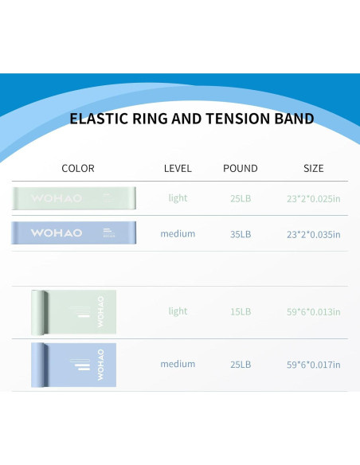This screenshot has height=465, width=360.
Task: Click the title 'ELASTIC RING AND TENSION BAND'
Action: coord(191,119)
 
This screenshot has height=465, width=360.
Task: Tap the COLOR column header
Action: coord(78,168)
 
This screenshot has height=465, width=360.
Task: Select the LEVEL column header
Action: coord(178,168)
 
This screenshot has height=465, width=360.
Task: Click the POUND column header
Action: coord(240,168)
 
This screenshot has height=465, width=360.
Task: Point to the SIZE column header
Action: coord(314,168)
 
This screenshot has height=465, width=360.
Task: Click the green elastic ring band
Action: coord(75,197)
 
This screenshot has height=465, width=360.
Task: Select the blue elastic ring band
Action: coord(75,232)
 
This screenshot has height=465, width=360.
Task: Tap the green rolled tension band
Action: coord(74,311)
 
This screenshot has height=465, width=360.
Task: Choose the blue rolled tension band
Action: coord(74,365)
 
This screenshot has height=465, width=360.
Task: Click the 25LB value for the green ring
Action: coord(240,197)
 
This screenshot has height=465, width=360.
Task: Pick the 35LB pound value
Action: coord(240,234)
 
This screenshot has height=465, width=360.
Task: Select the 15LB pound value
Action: coord(240,311)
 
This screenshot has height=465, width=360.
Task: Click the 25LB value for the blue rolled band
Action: coord(240,365)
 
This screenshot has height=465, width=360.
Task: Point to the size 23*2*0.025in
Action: coord(313,197)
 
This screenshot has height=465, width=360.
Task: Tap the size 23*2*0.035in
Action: coord(313,234)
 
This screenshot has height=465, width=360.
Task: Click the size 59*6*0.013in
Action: coord(313,311)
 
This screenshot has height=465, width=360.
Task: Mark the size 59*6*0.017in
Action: coord(313,365)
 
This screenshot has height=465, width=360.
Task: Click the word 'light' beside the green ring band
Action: coord(178,197)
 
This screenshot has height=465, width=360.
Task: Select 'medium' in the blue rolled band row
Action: coord(178,364)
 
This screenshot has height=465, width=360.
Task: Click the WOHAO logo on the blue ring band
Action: coord(57,232)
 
